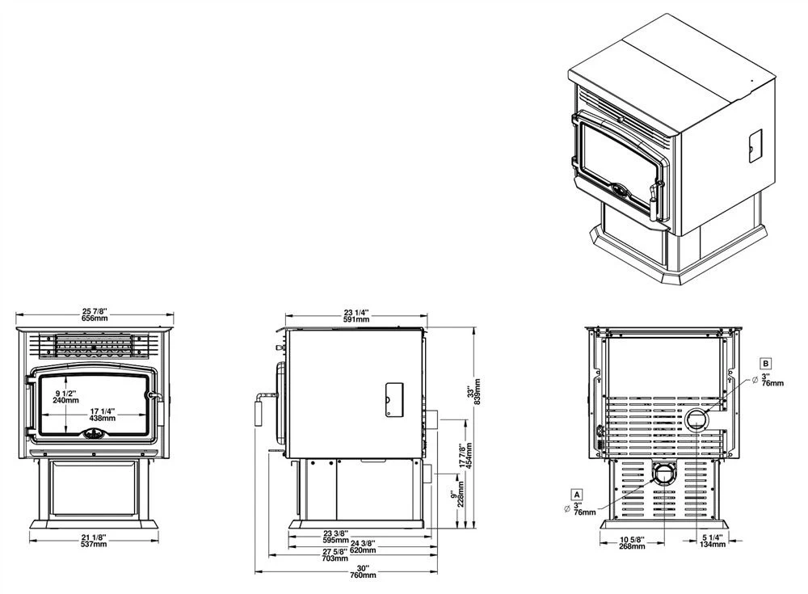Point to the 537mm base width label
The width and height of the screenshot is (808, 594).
(x=95, y=545)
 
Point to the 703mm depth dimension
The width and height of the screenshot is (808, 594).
(x=334, y=558)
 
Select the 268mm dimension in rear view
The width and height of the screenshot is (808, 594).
(x=632, y=546)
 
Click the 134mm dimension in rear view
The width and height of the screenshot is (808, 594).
(x=713, y=546)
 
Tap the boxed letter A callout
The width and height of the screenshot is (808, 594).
(x=576, y=493)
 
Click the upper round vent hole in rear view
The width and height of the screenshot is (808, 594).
(x=696, y=419)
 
